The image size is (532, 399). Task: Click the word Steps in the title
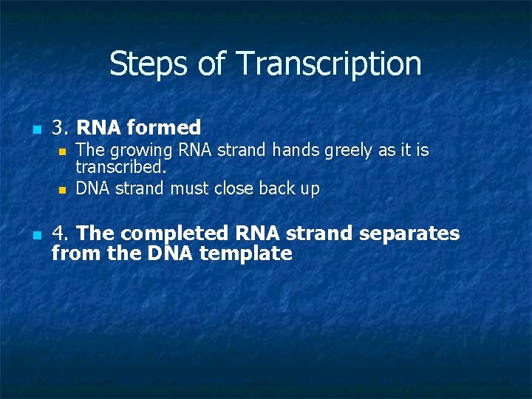[x=146, y=64]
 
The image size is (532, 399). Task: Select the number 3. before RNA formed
[x=61, y=128]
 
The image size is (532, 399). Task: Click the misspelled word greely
[x=347, y=151]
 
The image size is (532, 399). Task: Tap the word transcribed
[x=120, y=167]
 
